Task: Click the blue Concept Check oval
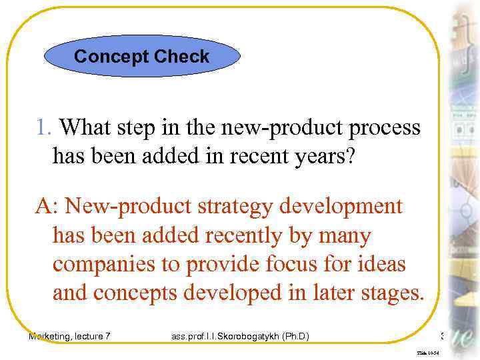point(142,57)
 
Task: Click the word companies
point(105,265)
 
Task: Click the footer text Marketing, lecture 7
point(69,337)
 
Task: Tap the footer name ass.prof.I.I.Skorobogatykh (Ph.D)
point(239,337)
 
